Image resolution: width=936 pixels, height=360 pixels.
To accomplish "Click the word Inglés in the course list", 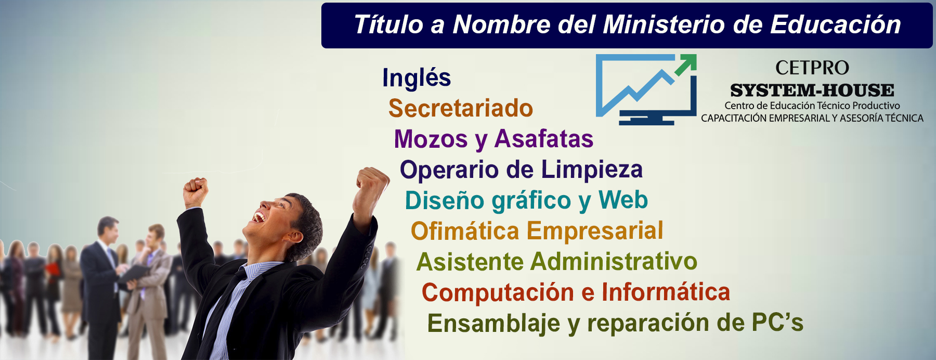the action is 417,78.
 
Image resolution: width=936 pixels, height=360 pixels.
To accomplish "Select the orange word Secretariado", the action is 461,108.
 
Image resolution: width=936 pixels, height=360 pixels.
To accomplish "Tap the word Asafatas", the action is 544,139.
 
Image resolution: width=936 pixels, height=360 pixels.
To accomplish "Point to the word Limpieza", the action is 592,170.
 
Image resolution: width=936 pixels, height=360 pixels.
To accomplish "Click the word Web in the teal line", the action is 623,200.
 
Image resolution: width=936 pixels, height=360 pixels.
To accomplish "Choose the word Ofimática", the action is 465,231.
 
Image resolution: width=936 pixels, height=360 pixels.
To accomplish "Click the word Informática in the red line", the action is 666,292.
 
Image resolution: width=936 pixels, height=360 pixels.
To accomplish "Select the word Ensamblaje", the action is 493,324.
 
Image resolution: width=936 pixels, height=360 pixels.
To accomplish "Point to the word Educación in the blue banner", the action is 836,24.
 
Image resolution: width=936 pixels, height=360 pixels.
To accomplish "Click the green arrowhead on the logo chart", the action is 686,64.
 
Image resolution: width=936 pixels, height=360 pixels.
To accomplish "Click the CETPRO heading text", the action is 812,68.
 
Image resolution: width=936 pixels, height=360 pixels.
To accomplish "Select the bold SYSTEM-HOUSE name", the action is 812,91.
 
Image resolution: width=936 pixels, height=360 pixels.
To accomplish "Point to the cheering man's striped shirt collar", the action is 260,271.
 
